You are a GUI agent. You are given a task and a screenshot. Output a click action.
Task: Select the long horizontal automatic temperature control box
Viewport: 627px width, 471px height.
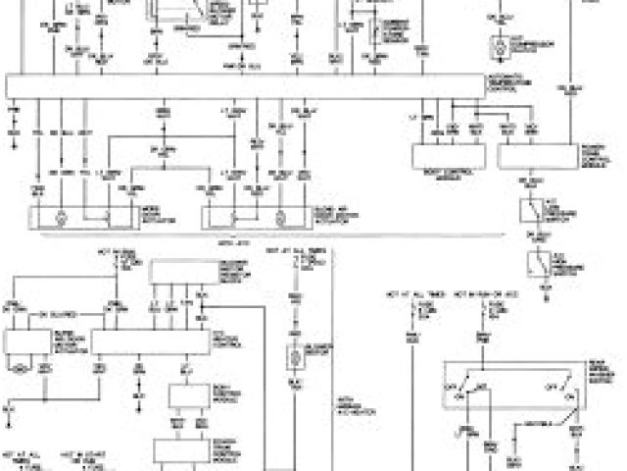tap(245, 86)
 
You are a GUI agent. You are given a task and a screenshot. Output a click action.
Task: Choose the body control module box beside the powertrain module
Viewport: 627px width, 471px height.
tap(450, 156)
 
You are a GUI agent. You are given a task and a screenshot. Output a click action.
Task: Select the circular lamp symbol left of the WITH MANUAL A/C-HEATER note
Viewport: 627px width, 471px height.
tap(293, 355)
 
